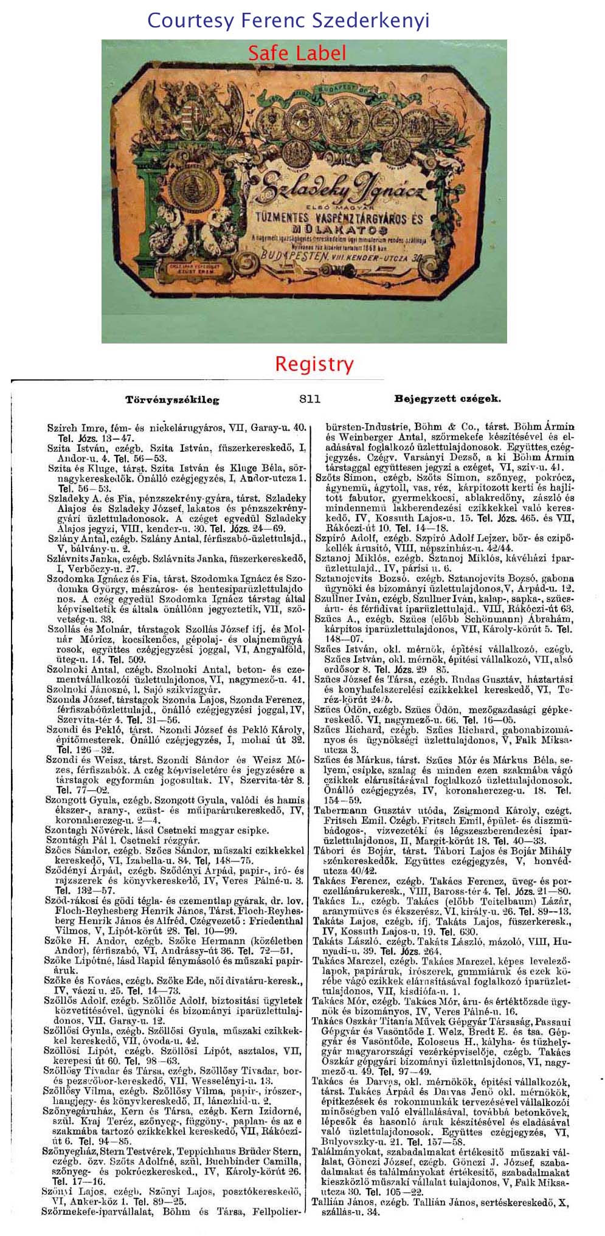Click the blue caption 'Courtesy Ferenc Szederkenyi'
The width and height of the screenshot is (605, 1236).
[288, 21]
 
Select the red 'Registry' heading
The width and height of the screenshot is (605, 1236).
[314, 364]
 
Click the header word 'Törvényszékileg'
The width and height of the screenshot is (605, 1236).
[172, 400]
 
